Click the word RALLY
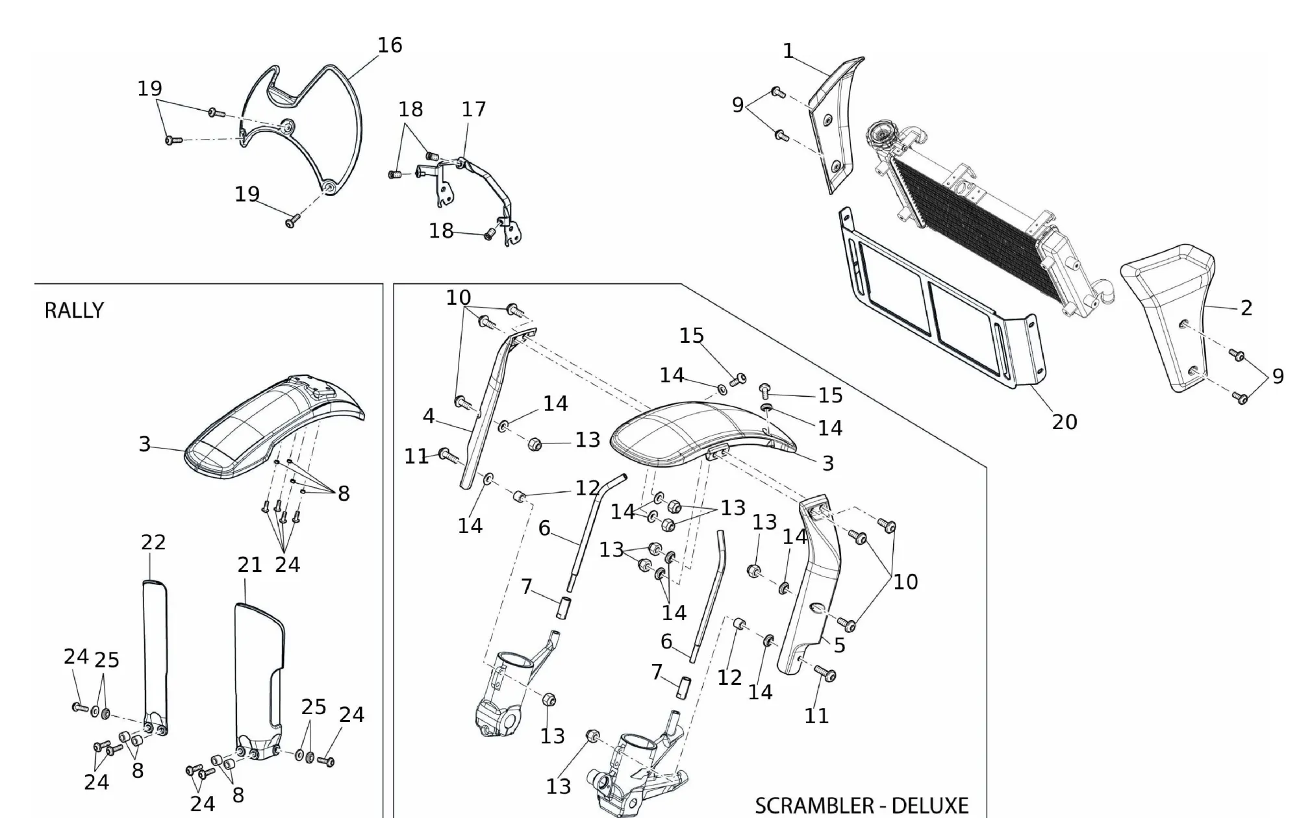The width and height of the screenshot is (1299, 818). coord(74,310)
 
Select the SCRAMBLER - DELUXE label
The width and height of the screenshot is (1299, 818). coord(861,806)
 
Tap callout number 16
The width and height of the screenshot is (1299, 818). coord(390,45)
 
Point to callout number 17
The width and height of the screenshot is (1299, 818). coord(473,109)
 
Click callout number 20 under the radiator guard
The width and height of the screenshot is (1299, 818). coord(1065,422)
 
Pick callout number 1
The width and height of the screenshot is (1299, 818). coord(788,51)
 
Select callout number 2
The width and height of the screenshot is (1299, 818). coord(1246,308)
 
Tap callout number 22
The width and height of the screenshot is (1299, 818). coord(153,542)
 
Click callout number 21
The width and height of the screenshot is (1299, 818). coord(249,565)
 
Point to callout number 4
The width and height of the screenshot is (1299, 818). coord(428,416)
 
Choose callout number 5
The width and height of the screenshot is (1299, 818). coord(839,645)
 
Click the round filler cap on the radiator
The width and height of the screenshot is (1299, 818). coord(881,133)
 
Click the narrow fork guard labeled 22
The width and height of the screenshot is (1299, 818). coord(155,649)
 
